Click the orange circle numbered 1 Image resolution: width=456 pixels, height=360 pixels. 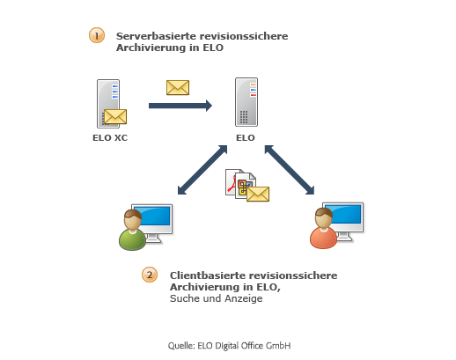pos(97,35)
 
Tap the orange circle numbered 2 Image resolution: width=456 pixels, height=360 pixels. pos(150,275)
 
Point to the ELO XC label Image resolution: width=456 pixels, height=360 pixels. pos(110,137)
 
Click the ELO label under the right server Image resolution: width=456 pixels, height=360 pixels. pos(246,137)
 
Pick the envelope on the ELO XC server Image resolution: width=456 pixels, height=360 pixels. pos(115,116)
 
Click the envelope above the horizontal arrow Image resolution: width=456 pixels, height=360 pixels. pos(178,87)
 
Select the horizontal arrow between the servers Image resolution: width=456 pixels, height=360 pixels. pos(180,106)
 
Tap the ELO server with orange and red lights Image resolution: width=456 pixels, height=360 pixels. pos(246,102)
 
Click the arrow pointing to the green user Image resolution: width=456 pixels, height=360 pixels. pos(202,170)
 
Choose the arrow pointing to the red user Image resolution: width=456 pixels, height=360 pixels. pos(290,170)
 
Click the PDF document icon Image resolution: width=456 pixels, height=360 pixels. pos(231,182)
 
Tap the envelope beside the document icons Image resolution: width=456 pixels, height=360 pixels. pos(258,194)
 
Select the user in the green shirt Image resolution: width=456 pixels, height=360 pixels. pos(133,230)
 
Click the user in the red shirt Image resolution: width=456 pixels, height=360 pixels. pos(324,228)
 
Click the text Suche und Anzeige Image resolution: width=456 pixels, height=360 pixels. pos(217,298)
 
